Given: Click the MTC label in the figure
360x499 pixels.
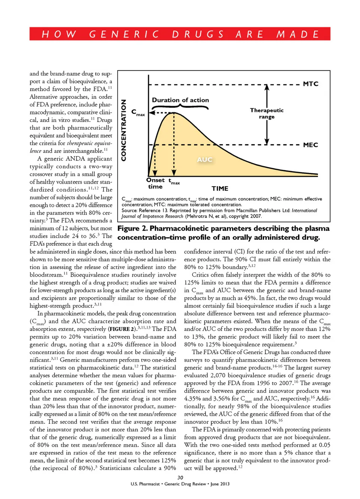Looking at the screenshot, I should pyautogui.click(x=310, y=84).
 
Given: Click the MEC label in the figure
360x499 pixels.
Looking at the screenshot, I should pyautogui.click(x=310, y=145).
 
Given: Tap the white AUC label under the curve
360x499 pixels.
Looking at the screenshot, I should pyautogui.click(x=204, y=160).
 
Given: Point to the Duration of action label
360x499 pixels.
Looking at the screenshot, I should pyautogui.click(x=180, y=100).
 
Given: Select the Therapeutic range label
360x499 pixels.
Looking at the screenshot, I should pyautogui.click(x=267, y=113).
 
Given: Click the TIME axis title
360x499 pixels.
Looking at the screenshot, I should pyautogui.click(x=220, y=189).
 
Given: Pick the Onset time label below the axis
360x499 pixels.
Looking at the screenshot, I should pyautogui.click(x=155, y=183).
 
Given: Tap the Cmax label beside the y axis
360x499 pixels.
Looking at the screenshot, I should pyautogui.click(x=138, y=112).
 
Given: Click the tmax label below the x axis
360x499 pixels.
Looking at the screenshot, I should pyautogui.click(x=174, y=182).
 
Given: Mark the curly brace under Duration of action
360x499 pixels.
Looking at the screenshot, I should pyautogui.click(x=180, y=107).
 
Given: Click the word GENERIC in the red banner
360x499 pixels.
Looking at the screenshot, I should pyautogui.click(x=124, y=34).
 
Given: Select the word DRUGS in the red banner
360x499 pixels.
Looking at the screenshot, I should pyautogui.click(x=198, y=34).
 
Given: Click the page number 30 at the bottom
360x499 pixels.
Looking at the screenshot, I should pyautogui.click(x=180, y=478).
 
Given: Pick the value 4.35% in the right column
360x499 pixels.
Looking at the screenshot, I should pyautogui.click(x=192, y=399).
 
